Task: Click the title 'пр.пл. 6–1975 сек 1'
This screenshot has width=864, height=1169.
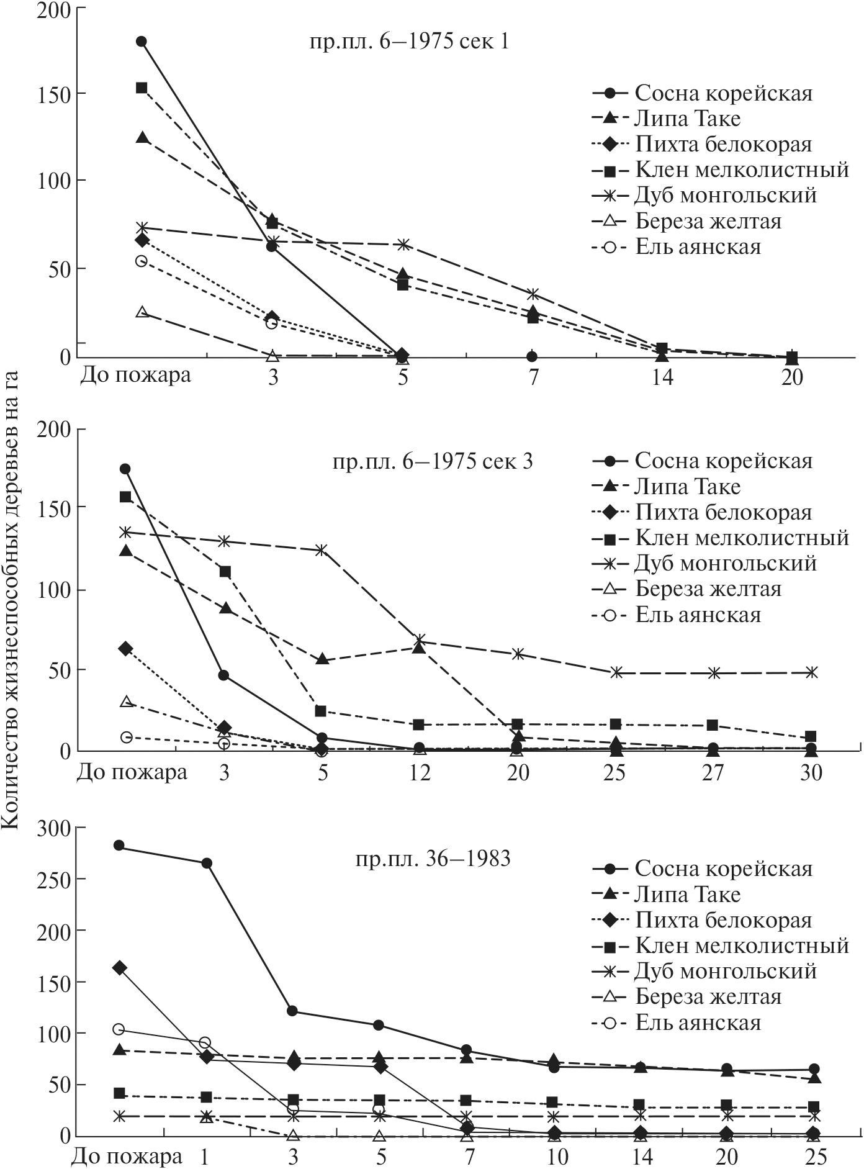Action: click(x=409, y=43)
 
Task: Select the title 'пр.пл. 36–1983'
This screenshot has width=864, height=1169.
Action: click(x=433, y=859)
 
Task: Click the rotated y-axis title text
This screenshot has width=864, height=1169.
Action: click(x=14, y=597)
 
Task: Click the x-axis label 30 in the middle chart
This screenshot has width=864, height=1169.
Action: click(x=811, y=773)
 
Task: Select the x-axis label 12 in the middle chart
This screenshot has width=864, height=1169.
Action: click(x=420, y=773)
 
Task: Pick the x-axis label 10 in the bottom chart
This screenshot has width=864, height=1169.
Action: click(x=555, y=1157)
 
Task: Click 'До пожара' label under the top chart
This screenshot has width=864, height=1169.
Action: click(x=135, y=376)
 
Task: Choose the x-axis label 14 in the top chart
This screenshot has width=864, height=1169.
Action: click(x=662, y=377)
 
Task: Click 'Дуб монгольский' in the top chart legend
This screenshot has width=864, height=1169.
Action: click(x=725, y=196)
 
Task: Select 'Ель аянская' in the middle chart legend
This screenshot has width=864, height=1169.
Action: click(x=698, y=615)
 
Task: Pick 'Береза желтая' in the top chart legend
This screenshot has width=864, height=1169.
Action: click(x=708, y=221)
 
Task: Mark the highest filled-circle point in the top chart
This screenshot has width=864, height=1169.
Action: click(x=142, y=42)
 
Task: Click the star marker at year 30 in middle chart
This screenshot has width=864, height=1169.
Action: click(x=811, y=672)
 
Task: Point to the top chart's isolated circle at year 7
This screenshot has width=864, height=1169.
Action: click(x=532, y=356)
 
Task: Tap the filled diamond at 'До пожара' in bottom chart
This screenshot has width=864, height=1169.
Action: click(x=120, y=968)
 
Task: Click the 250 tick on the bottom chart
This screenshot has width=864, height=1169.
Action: click(x=56, y=879)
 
